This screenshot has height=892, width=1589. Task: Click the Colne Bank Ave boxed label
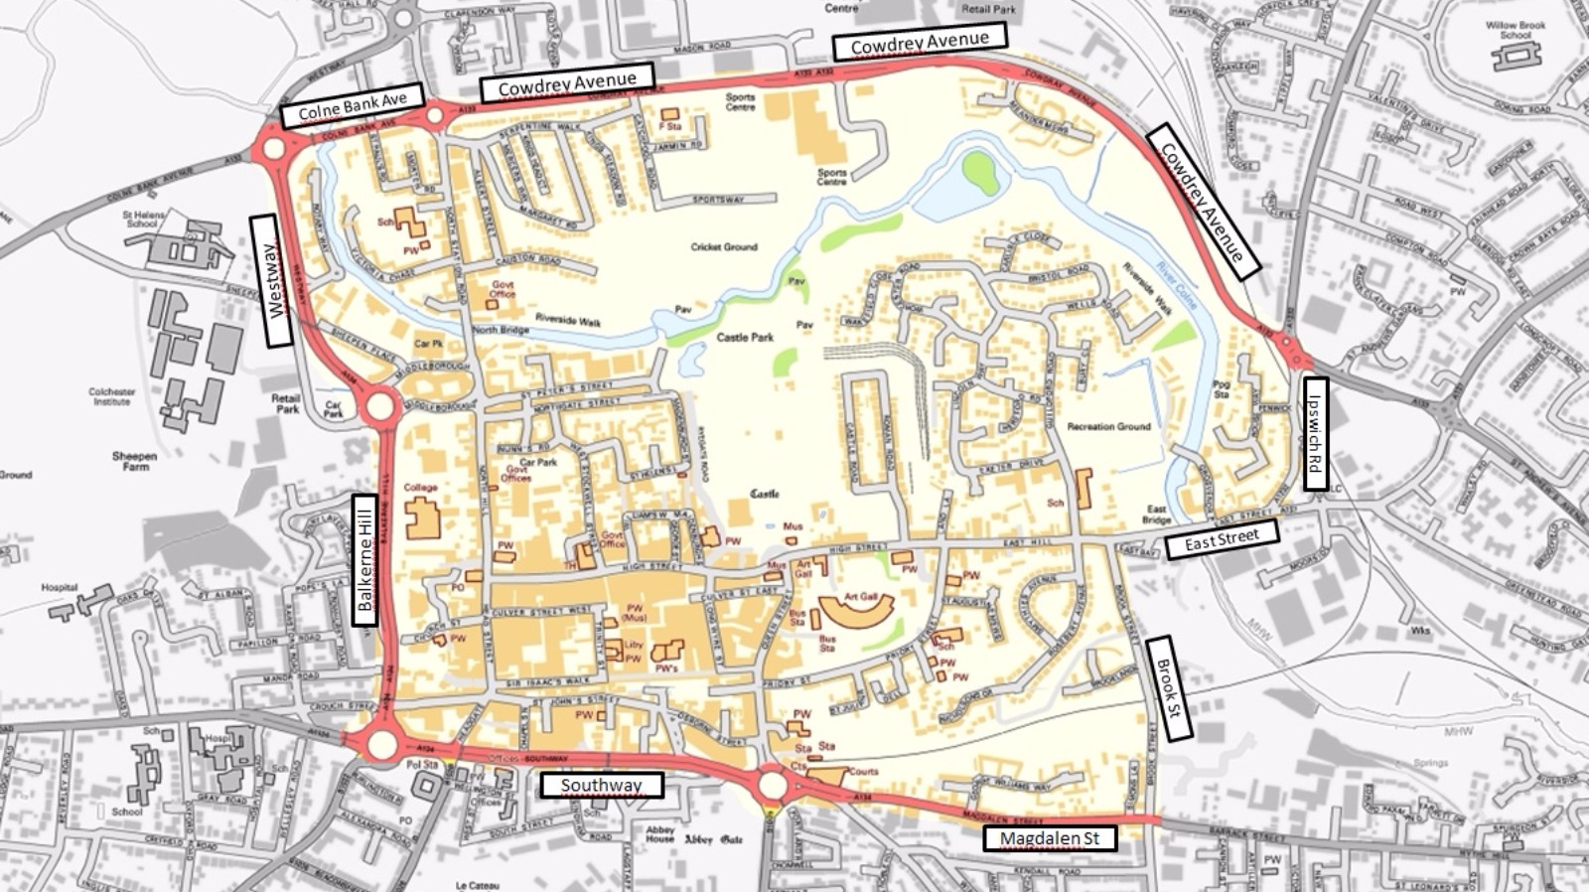tap(353, 106)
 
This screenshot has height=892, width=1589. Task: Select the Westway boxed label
tap(272, 281)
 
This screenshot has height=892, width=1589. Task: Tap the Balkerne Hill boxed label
tap(365, 560)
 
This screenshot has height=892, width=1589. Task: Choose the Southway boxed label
tap(602, 786)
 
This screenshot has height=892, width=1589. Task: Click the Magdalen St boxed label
tap(1050, 838)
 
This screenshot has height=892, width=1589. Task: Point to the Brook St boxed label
tap(1168, 688)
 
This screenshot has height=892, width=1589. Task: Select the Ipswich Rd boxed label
tap(1315, 433)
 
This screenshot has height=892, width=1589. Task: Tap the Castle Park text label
tap(745, 338)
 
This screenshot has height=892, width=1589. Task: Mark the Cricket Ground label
tap(724, 246)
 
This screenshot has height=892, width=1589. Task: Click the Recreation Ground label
tap(1108, 426)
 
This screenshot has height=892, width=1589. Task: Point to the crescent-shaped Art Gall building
tap(856, 609)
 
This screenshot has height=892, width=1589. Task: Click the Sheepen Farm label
tap(134, 461)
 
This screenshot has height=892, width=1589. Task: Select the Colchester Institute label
tap(112, 396)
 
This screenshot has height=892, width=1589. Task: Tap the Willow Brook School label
tap(1516, 30)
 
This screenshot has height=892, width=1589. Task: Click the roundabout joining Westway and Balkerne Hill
tap(380, 406)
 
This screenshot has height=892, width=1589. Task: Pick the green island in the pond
tap(980, 172)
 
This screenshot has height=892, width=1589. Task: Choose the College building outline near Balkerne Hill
tap(422, 519)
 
